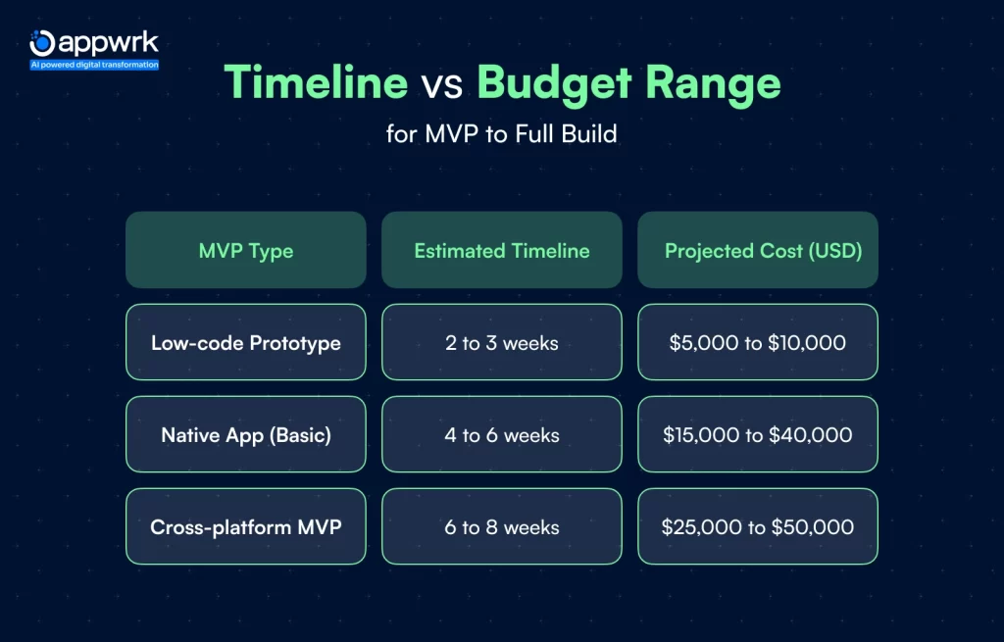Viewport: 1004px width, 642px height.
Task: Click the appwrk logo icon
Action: point(42,43)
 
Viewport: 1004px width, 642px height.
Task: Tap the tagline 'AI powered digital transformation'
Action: point(95,65)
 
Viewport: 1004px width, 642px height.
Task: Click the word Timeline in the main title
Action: point(317,82)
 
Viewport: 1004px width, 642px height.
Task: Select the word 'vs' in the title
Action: point(442,86)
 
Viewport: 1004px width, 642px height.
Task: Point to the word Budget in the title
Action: point(555,83)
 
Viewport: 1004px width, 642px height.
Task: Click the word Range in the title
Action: point(714,85)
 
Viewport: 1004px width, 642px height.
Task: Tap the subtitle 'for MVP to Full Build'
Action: point(502,133)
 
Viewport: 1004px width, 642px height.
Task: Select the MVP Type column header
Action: point(246,250)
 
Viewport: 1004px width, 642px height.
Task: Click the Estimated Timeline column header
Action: point(502,250)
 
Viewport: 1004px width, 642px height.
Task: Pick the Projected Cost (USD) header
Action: point(758,250)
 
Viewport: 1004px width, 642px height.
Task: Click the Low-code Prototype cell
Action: point(246,342)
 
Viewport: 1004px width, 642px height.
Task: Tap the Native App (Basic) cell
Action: point(246,434)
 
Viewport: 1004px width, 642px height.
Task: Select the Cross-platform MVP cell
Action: point(246,526)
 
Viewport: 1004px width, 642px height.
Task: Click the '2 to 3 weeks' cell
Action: point(502,342)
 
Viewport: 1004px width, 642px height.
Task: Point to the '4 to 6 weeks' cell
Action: point(502,434)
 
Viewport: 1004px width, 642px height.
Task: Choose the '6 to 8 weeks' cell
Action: point(502,526)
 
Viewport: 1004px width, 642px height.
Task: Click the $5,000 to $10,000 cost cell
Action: point(758,342)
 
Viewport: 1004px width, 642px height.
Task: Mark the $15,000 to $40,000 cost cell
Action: point(758,434)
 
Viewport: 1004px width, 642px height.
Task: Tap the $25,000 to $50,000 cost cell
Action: point(758,526)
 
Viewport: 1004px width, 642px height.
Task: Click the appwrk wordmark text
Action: point(108,43)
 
